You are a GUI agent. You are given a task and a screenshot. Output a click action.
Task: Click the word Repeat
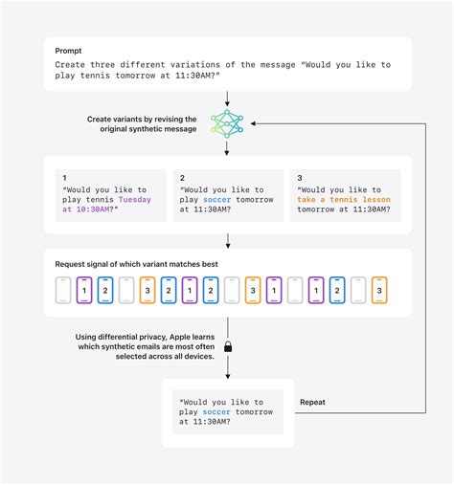(x=312, y=403)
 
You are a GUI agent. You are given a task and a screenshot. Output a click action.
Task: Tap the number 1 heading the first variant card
(x=63, y=178)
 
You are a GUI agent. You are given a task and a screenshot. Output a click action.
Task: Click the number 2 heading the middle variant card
(x=181, y=178)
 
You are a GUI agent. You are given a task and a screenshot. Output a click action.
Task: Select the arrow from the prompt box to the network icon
(x=227, y=98)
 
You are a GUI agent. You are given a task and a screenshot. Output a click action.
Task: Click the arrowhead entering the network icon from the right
(x=253, y=123)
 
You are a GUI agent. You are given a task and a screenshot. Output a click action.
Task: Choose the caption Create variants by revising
(x=143, y=118)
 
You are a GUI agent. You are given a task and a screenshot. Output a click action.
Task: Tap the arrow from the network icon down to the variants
(x=227, y=148)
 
